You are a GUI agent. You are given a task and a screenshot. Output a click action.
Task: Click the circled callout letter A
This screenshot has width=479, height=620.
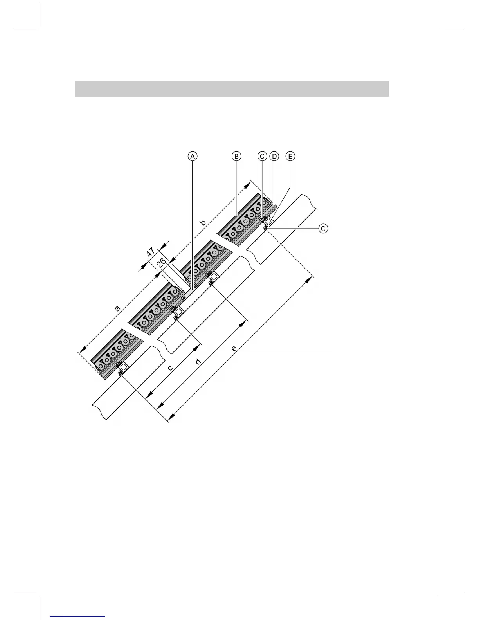click(192, 157)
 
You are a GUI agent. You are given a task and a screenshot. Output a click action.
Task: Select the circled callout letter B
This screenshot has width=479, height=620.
click(236, 157)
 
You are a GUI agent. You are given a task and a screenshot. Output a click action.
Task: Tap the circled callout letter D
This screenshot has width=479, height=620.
click(274, 157)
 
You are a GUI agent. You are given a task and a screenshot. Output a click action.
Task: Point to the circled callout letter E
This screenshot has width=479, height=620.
click(290, 157)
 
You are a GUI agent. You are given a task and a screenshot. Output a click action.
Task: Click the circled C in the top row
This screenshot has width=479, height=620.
click(262, 157)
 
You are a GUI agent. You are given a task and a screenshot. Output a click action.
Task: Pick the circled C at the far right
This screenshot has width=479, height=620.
click(323, 228)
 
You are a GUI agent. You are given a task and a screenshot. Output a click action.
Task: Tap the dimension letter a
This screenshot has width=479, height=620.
click(117, 308)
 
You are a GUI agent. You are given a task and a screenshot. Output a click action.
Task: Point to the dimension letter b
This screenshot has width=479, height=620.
click(203, 223)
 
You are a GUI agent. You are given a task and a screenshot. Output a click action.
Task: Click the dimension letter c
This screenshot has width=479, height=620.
click(170, 368)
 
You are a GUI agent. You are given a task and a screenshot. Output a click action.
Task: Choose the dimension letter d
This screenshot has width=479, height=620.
click(198, 361)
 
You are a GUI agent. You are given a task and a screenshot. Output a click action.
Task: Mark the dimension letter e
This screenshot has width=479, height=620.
click(234, 348)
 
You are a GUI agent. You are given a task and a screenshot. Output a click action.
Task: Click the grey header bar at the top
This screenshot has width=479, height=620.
click(232, 88)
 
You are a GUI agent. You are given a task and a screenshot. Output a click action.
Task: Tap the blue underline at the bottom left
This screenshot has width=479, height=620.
click(78, 616)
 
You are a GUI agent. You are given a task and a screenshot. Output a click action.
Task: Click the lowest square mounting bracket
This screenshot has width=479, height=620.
click(124, 367)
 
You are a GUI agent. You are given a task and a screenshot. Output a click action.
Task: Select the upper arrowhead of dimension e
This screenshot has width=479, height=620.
click(312, 279)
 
